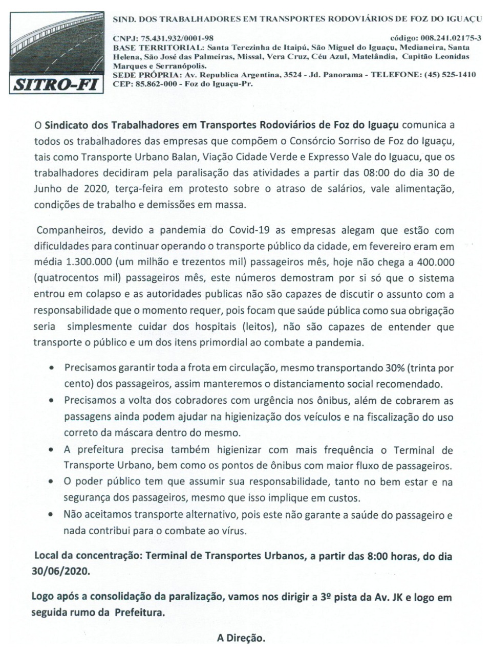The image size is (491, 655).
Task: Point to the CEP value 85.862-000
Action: (154, 84)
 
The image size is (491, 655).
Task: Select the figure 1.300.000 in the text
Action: (88, 261)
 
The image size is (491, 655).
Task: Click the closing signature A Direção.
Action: (241, 638)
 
